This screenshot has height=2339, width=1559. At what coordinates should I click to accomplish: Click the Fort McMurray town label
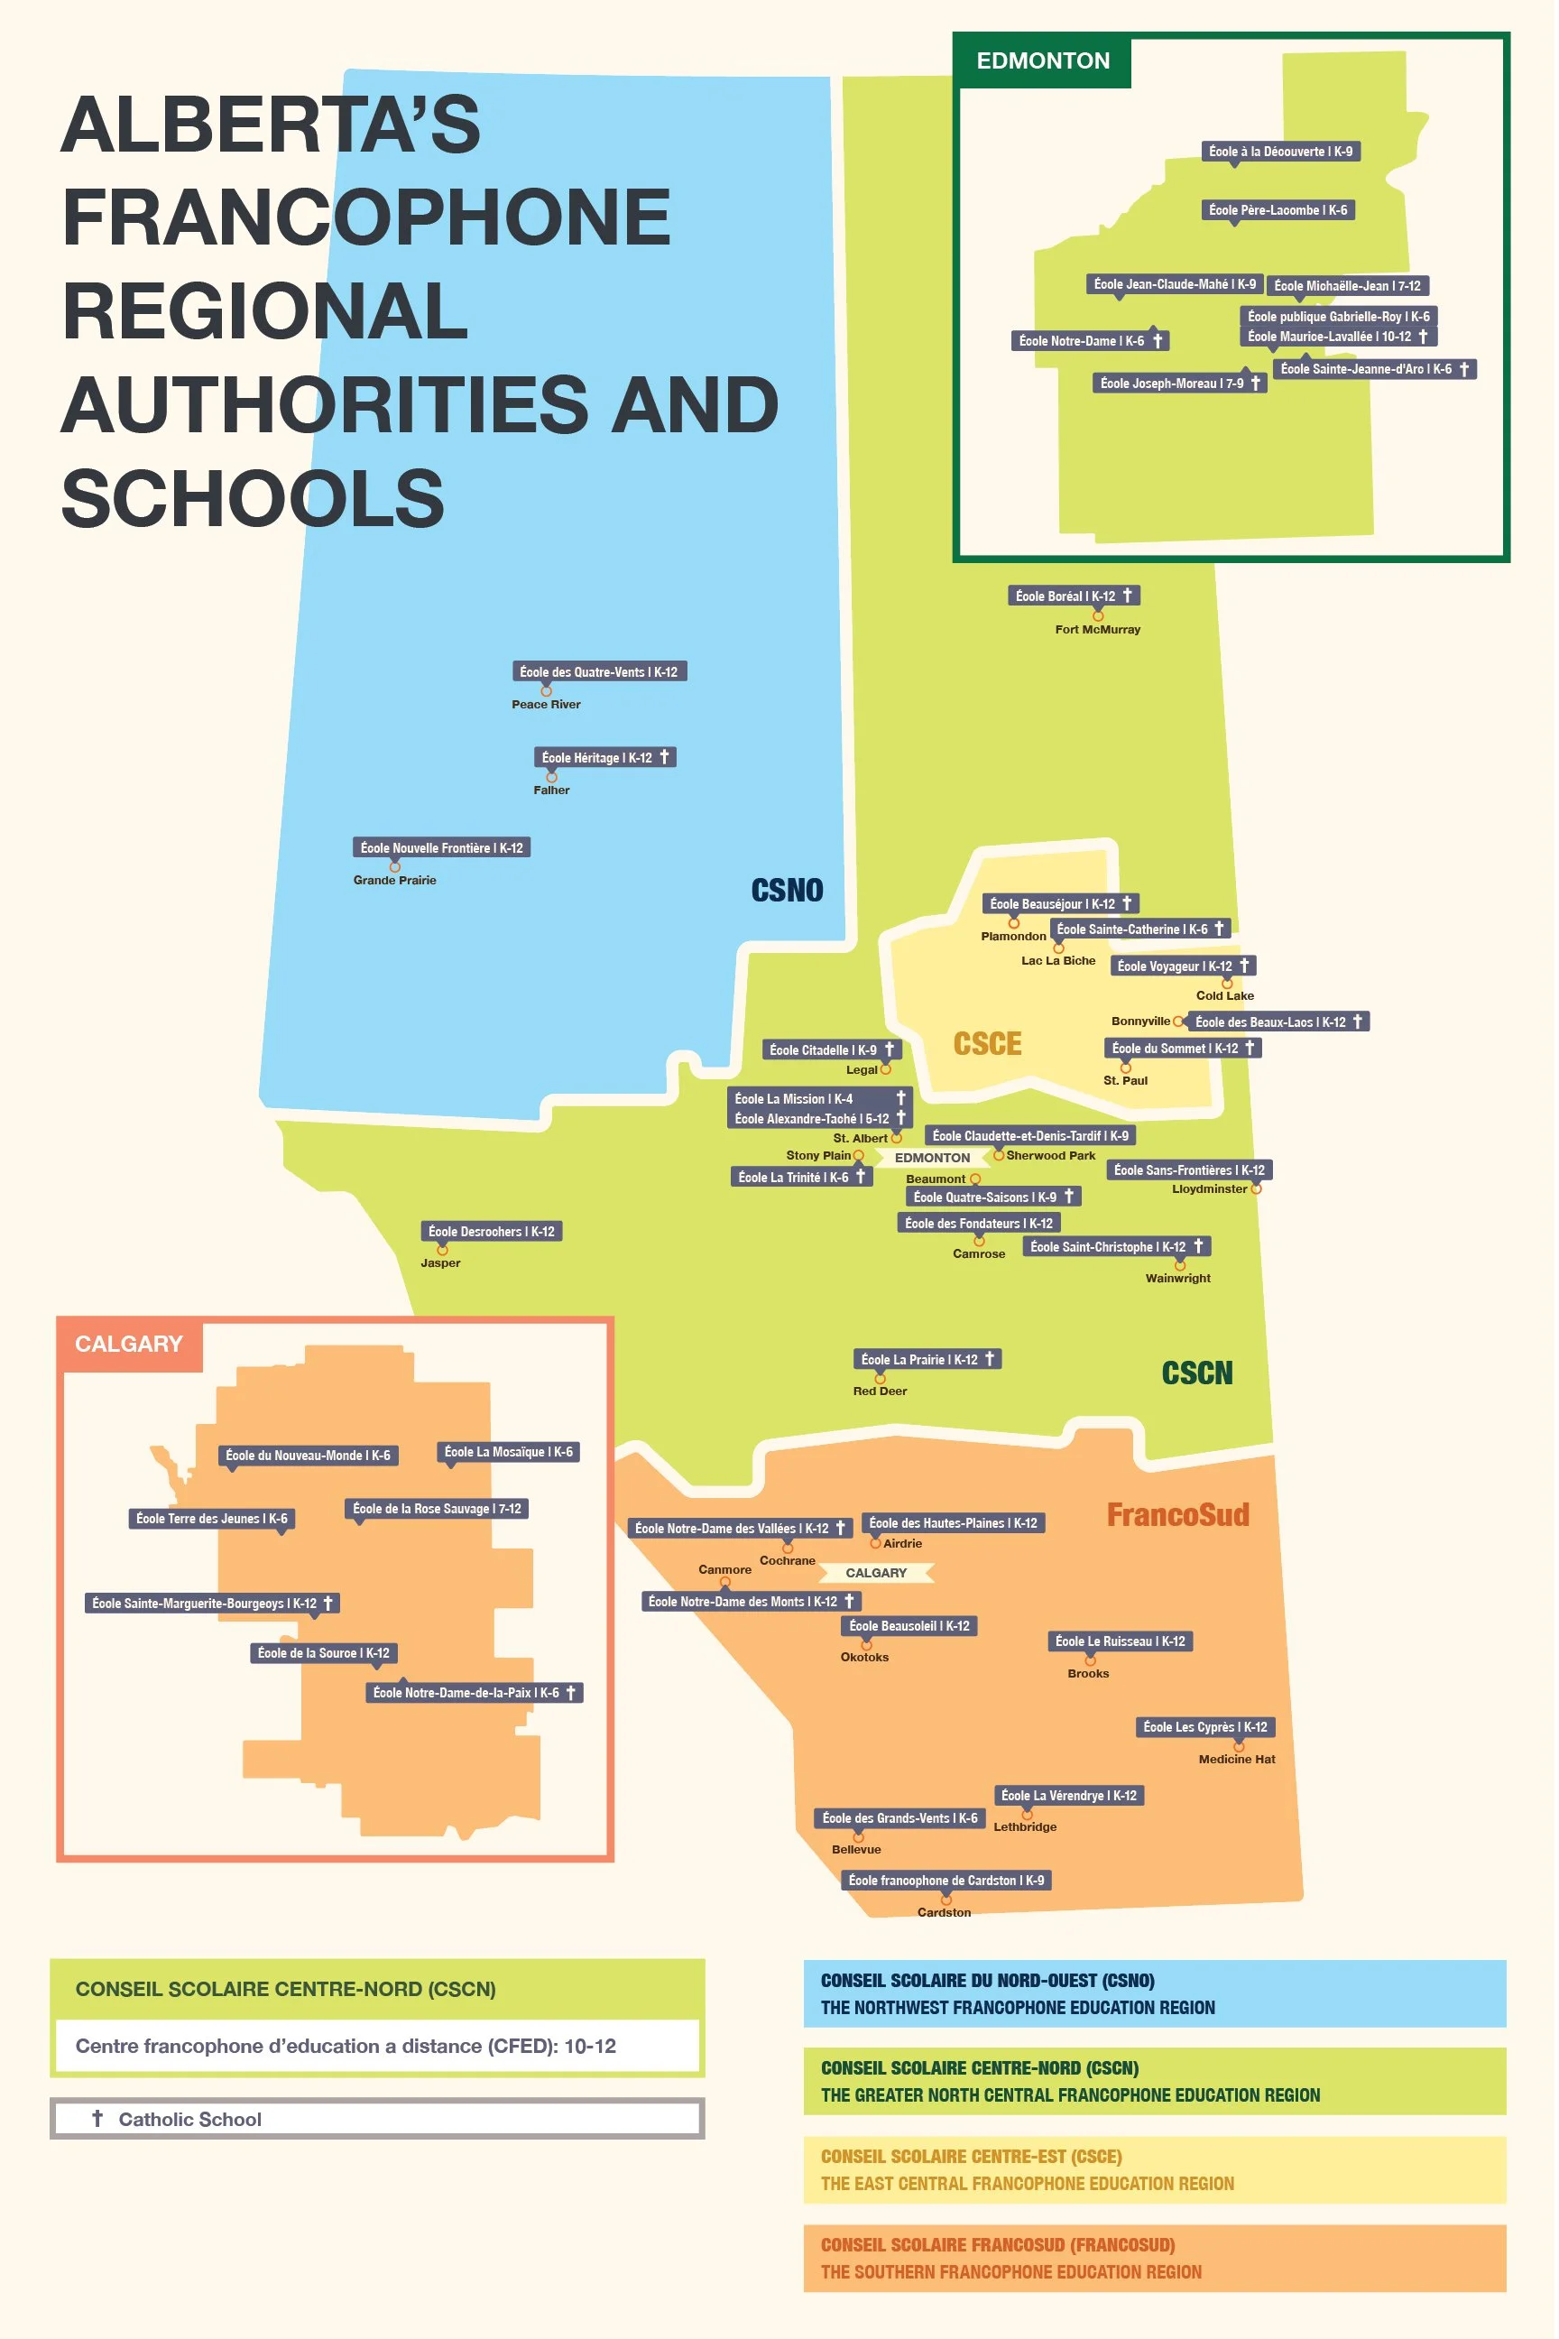tap(1098, 630)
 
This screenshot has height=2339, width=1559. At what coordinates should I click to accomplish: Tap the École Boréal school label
tap(1073, 596)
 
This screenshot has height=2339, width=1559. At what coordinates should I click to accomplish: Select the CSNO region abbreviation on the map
tap(787, 890)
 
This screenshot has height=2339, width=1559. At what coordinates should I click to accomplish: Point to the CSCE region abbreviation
tap(987, 1043)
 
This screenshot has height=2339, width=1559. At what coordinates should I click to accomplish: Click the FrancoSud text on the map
tap(1177, 1514)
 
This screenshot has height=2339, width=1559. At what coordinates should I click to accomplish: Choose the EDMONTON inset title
tap(1043, 60)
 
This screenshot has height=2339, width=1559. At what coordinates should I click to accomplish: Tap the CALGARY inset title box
tap(129, 1345)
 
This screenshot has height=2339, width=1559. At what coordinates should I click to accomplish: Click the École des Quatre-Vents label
tap(598, 672)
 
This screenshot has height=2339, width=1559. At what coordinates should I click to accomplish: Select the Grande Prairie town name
tap(395, 880)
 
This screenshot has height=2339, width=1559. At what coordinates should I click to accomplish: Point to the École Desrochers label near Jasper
tap(491, 1231)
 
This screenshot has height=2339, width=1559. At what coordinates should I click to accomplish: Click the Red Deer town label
tap(880, 1391)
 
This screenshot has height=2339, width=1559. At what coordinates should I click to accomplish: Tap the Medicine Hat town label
tap(1237, 1760)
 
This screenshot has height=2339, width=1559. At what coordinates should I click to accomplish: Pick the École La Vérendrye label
tap(1069, 1796)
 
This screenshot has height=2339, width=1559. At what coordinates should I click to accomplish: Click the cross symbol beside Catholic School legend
tap(97, 2118)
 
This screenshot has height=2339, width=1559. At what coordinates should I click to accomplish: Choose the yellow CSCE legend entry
tap(1154, 2170)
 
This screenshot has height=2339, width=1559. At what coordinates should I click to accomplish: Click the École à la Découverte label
tap(1280, 152)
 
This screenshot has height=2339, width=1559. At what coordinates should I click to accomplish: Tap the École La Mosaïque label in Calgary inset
tap(508, 1452)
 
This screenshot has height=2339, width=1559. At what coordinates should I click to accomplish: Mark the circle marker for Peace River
tap(546, 690)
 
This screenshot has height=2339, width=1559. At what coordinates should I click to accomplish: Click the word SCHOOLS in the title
tap(254, 498)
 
